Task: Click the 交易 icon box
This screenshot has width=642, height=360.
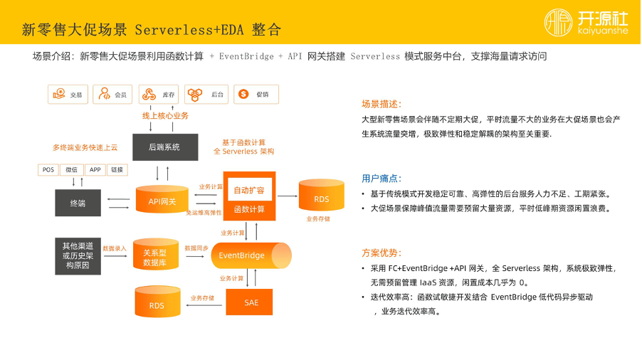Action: click(68, 95)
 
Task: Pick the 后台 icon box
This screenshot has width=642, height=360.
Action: click(206, 95)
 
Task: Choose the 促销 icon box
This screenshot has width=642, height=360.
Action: click(255, 95)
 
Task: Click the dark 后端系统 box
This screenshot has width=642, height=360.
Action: click(164, 147)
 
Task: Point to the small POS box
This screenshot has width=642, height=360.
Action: click(48, 170)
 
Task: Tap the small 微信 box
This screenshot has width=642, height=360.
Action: click(71, 170)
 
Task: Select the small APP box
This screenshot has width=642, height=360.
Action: click(95, 170)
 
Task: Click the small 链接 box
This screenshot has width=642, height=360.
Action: click(117, 170)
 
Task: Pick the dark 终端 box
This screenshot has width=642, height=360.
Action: click(78, 203)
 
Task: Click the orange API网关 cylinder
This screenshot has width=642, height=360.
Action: click(162, 200)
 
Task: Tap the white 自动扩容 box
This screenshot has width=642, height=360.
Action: click(249, 190)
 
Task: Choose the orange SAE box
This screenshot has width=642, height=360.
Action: click(251, 302)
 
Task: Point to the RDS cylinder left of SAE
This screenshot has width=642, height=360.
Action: click(157, 304)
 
